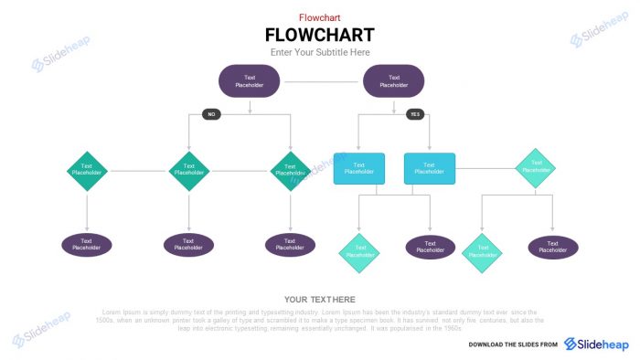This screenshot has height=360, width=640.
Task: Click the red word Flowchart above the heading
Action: pyautogui.click(x=319, y=17)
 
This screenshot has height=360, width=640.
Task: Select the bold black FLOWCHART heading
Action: pyautogui.click(x=319, y=35)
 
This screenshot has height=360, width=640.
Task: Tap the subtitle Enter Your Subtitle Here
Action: pyautogui.click(x=319, y=53)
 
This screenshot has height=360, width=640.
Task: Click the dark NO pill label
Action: pyautogui.click(x=211, y=114)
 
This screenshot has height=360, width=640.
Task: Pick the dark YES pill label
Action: pyautogui.click(x=415, y=114)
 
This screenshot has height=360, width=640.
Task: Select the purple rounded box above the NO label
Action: pyautogui.click(x=249, y=80)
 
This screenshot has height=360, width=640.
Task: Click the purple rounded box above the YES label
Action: pyautogui.click(x=394, y=80)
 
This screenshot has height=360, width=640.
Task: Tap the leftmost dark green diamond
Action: pyautogui.click(x=88, y=170)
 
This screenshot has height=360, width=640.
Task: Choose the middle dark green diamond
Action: pyautogui.click(x=189, y=170)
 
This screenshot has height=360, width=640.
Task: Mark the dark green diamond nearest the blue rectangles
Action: pyautogui.click(x=291, y=170)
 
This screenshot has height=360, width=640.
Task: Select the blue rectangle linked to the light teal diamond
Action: pyautogui.click(x=430, y=168)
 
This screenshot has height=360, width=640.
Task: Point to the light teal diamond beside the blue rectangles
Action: pyautogui.click(x=535, y=168)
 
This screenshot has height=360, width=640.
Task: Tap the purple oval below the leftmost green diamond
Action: pyautogui.click(x=87, y=245)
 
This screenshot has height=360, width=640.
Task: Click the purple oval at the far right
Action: pyautogui.click(x=553, y=247)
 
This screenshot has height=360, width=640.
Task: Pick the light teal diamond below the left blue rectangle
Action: pyautogui.click(x=359, y=253)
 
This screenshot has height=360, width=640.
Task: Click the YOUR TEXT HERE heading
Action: pyautogui.click(x=319, y=300)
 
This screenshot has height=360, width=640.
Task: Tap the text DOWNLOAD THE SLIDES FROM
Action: pyautogui.click(x=513, y=344)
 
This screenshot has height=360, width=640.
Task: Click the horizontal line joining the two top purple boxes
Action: pyautogui.click(x=321, y=81)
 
